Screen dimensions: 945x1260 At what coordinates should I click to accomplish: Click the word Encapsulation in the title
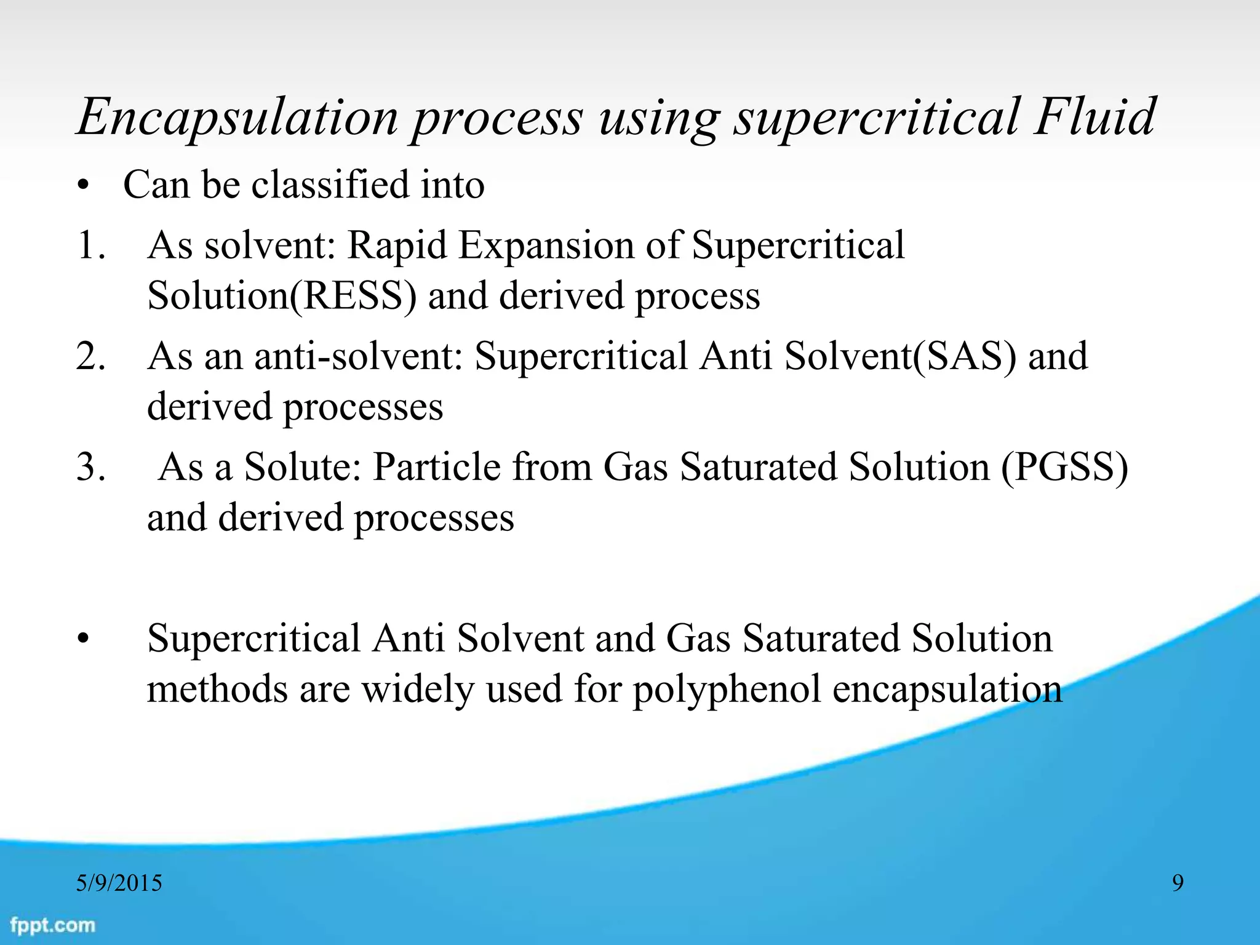click(237, 118)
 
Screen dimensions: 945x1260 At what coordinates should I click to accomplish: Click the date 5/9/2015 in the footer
click(119, 883)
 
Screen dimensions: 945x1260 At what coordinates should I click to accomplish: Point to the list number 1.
click(91, 245)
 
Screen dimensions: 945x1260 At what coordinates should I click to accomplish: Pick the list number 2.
click(91, 356)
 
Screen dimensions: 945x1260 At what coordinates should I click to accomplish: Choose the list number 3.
click(91, 467)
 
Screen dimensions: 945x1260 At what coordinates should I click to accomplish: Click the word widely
click(418, 690)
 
